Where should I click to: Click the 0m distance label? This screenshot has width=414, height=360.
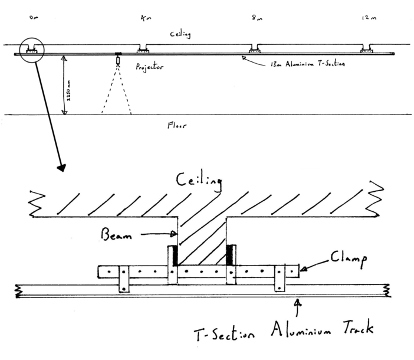tap(33, 18)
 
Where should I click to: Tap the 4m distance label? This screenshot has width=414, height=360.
tap(144, 18)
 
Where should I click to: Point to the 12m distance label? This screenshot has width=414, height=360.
tap(368, 18)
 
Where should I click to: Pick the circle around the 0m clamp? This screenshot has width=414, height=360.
tap(29, 50)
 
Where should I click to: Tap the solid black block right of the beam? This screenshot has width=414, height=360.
tap(231, 256)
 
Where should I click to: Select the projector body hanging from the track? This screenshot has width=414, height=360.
tap(117, 60)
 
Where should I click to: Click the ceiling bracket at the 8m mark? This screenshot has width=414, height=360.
tap(255, 50)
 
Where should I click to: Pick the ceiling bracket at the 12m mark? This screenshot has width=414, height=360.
tap(367, 50)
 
